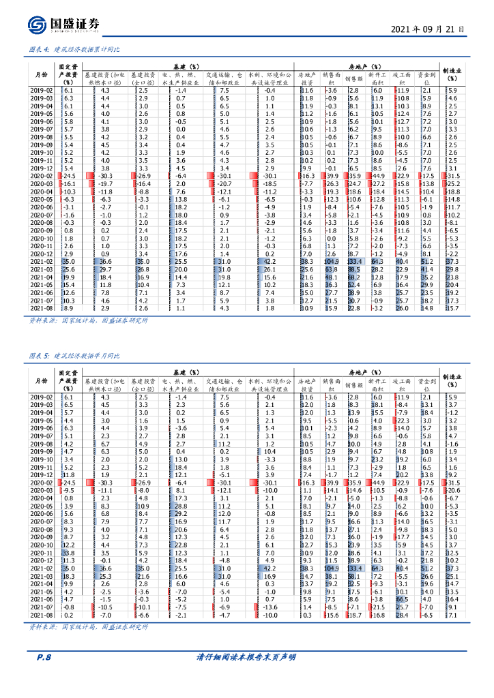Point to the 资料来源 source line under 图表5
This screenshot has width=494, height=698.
tap(88, 626)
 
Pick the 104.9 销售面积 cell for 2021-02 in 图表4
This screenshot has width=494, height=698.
tap(332, 262)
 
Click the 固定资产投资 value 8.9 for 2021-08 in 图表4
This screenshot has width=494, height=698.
tap(69, 308)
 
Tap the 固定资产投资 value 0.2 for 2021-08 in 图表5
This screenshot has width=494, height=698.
tap(69, 615)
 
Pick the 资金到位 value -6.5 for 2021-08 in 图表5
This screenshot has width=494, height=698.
tap(427, 615)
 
